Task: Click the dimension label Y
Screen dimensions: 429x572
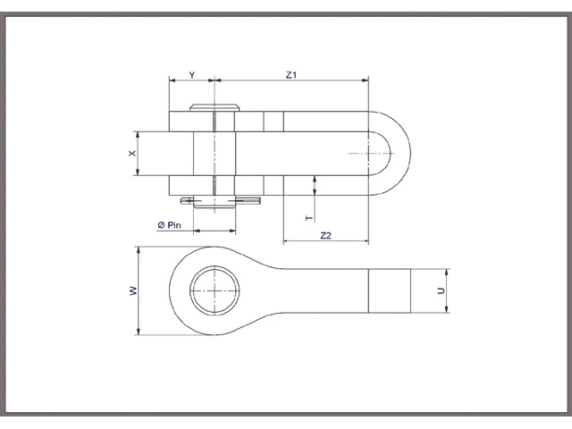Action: point(191,75)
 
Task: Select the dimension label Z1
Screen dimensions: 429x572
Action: point(290,75)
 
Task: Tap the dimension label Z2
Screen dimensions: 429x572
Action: point(325,234)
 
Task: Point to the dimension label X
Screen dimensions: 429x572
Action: point(131,155)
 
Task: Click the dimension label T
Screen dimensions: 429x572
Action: point(309,217)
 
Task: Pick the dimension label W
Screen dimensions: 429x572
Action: point(131,290)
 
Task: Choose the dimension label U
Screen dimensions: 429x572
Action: point(441,291)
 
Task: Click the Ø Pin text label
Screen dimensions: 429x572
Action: point(169,225)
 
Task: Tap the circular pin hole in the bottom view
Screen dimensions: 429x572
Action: point(214,290)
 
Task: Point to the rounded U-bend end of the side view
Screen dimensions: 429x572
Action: point(398,155)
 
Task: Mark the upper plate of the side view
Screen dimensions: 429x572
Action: point(268,122)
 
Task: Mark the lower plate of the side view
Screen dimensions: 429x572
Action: point(268,186)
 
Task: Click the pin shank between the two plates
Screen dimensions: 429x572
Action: point(214,154)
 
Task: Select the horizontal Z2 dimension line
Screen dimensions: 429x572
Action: point(325,241)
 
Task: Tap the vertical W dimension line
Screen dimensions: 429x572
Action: point(138,290)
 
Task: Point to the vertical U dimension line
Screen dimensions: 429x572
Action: point(448,291)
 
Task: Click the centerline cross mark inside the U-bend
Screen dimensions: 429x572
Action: point(368,155)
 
